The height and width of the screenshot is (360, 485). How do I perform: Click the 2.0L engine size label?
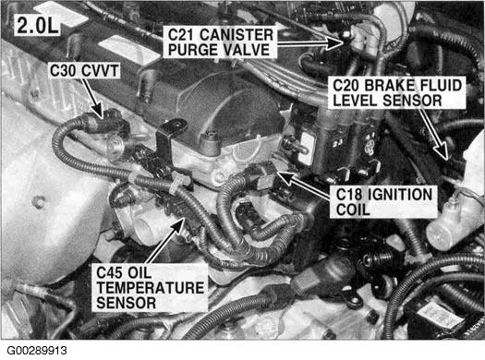point(38,25)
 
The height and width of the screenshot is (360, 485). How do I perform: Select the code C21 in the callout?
point(182,35)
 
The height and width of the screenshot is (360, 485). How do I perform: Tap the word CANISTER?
point(236,35)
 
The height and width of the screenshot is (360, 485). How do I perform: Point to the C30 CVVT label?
point(84,71)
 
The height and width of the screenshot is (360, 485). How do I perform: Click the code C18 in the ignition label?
point(348,195)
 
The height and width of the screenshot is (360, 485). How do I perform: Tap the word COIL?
point(353,210)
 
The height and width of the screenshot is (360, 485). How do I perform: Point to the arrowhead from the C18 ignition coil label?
point(285,178)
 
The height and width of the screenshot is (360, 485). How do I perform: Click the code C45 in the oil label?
point(110,272)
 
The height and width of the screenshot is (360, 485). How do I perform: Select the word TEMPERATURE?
point(151,288)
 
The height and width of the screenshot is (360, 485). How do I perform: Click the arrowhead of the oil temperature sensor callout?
point(178,224)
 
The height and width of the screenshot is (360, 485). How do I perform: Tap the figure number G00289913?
point(37,351)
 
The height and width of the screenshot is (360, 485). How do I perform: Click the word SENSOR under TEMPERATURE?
point(127,303)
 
